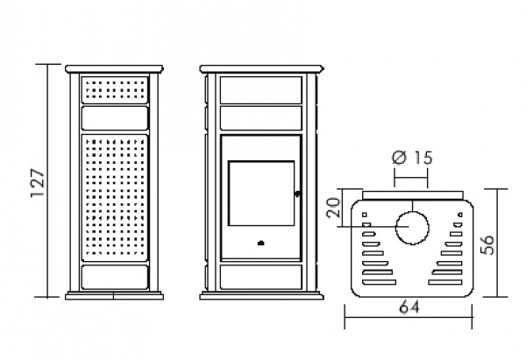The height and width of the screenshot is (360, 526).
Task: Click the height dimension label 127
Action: (38, 182)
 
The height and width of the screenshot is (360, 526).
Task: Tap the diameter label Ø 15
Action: (412, 158)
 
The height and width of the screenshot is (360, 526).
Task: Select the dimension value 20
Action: (334, 208)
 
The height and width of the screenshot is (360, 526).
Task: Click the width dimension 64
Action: (409, 307)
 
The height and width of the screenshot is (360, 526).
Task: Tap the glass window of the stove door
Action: (261, 194)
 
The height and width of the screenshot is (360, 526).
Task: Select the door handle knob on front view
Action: (297, 194)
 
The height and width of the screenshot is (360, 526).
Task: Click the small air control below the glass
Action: (260, 243)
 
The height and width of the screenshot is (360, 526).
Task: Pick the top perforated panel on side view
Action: (114, 90)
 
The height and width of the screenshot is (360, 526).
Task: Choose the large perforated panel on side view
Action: (114, 198)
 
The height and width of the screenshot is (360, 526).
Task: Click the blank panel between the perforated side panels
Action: (114, 118)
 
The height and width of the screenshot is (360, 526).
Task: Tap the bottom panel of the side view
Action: (114, 277)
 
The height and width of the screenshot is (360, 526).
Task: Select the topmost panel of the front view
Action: (261, 90)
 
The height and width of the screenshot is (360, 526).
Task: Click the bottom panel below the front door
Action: (261, 277)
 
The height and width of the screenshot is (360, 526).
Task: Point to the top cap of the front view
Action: (262, 69)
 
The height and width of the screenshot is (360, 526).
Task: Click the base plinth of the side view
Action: (114, 296)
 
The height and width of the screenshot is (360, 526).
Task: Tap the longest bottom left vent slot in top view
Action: (379, 282)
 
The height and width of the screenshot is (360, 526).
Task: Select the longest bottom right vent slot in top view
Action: (445, 282)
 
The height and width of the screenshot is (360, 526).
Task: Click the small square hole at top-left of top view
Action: (365, 215)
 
